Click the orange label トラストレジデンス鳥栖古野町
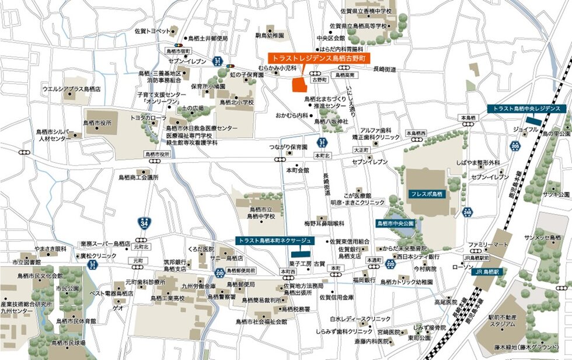coord(319,58)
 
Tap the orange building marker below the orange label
coord(299,83)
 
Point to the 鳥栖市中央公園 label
coord(395,223)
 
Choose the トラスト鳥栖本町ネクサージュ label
coord(275,240)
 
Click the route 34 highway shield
coord(144,222)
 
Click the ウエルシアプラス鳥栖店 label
coord(71,89)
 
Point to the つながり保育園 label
coord(288,148)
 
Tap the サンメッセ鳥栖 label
coord(543,238)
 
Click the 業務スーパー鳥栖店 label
coord(105,244)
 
